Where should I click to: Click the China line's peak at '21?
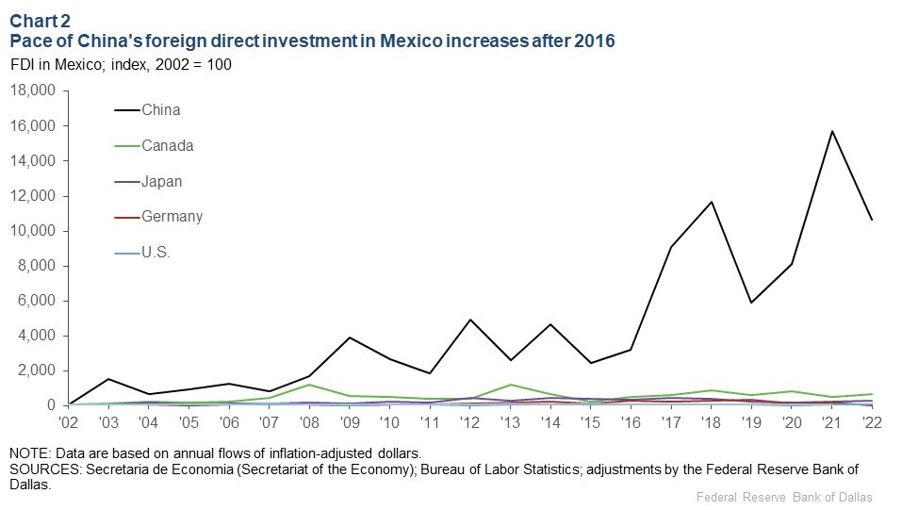click(832, 131)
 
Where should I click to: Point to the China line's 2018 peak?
click(711, 202)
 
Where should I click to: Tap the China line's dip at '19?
click(751, 303)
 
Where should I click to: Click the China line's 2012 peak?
click(468, 320)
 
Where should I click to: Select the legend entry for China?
click(161, 110)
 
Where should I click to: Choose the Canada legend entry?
click(168, 146)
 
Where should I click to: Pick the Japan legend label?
click(162, 181)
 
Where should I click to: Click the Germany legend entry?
click(172, 217)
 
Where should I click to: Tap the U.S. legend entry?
click(156, 253)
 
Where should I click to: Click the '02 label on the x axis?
click(69, 424)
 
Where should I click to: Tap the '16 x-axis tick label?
click(631, 424)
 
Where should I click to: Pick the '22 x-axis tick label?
click(872, 424)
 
